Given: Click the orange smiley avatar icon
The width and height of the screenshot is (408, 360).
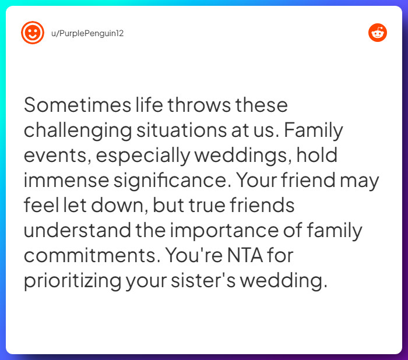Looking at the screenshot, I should [33, 33].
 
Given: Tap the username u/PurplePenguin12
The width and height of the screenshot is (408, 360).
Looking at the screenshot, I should [87, 33].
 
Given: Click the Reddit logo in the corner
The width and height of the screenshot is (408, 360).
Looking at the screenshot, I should [378, 33].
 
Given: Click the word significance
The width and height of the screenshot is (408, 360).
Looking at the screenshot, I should [168, 181].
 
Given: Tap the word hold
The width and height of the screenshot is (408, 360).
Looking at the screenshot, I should [316, 156].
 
